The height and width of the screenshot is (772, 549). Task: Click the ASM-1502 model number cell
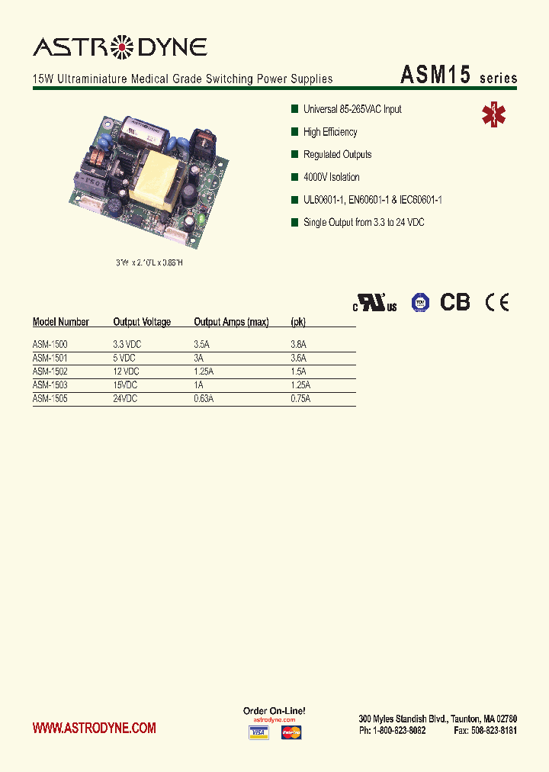50,372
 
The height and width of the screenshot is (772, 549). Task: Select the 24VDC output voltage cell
127,398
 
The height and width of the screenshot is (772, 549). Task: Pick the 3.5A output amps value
201,345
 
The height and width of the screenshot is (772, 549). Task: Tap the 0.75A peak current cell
300,398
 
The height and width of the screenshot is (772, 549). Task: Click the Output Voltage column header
142,322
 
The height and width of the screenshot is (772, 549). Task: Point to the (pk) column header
298,322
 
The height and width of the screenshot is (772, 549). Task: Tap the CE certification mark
497,302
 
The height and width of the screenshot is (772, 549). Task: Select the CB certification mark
455,302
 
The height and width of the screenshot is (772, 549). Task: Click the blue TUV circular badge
420,303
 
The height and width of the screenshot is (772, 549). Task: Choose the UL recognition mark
374,303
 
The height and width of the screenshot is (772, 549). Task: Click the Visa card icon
259,733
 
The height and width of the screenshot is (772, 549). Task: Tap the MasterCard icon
291,733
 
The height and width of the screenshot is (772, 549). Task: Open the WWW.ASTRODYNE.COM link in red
94,728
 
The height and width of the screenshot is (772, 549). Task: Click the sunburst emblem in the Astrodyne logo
122,48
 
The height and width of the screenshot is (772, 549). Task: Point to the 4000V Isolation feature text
331,177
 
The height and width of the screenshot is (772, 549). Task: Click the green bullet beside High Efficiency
294,132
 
